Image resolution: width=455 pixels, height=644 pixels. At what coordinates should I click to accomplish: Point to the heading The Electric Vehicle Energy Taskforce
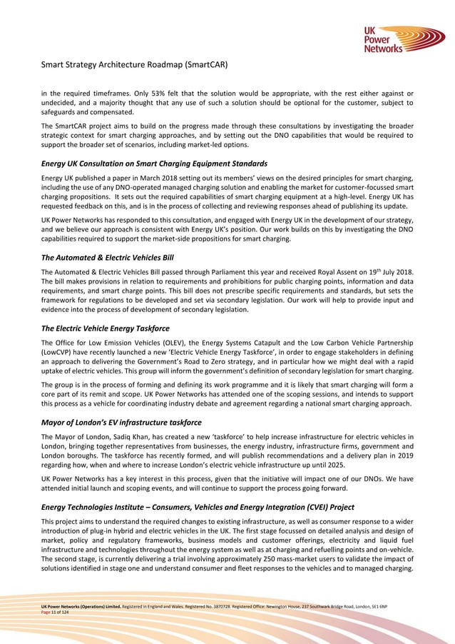106,328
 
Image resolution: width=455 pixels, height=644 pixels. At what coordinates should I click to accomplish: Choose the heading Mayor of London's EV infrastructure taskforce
121,423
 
